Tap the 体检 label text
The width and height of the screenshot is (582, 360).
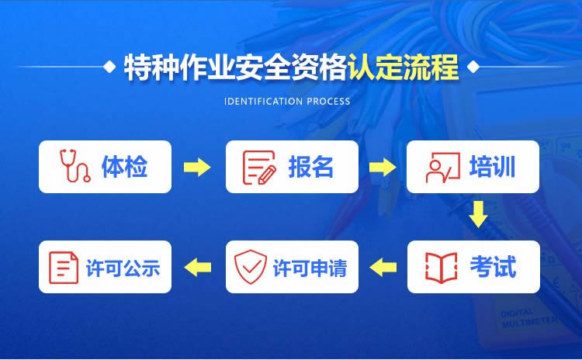click(x=124, y=166)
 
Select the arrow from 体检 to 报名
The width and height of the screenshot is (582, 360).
click(x=197, y=167)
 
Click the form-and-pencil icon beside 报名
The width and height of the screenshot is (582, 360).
click(x=259, y=168)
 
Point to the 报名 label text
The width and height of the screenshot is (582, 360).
click(x=311, y=167)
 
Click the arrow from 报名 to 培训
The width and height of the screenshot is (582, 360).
click(x=383, y=167)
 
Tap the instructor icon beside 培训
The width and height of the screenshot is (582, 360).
click(x=443, y=168)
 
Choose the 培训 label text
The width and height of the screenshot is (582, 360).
click(x=492, y=166)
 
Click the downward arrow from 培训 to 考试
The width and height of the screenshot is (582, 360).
click(x=479, y=214)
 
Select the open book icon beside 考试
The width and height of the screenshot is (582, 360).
click(x=442, y=268)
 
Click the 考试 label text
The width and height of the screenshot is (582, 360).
click(x=493, y=267)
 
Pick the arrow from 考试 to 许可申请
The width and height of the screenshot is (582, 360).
click(x=383, y=267)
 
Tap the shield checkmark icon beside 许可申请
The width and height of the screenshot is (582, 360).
click(x=251, y=267)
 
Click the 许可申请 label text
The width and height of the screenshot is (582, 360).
click(x=310, y=268)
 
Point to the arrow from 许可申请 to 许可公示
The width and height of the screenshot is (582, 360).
click(x=197, y=267)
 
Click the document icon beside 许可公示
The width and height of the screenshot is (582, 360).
click(x=64, y=268)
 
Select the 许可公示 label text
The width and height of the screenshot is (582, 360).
click(x=123, y=268)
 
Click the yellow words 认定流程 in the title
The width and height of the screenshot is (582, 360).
click(x=403, y=67)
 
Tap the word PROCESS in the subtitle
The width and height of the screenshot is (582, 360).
click(x=328, y=102)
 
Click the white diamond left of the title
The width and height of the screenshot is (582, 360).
click(x=109, y=67)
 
